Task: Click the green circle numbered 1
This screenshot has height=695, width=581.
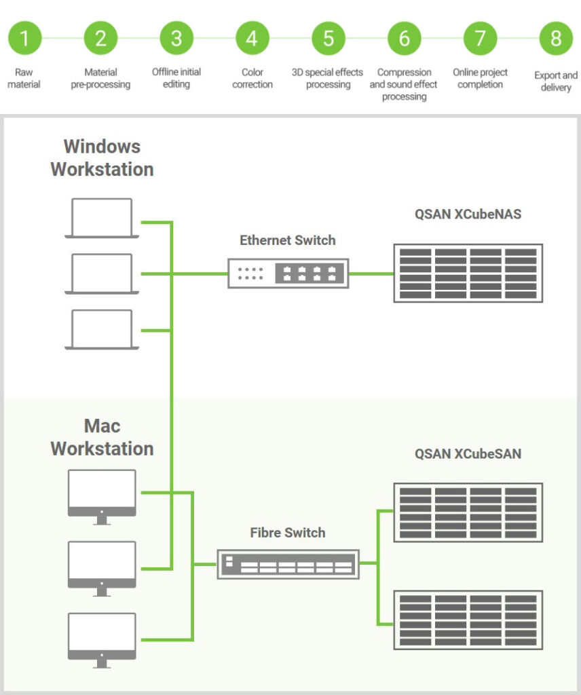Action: [x=24, y=38]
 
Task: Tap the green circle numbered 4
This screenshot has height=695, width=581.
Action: [x=252, y=38]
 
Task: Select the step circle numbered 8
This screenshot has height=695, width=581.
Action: [x=556, y=38]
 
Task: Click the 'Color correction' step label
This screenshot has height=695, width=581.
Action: [x=252, y=78]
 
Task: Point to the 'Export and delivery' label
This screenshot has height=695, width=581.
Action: [x=556, y=81]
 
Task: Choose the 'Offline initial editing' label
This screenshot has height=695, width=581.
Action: [x=176, y=78]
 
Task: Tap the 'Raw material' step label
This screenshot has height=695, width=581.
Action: [x=24, y=78]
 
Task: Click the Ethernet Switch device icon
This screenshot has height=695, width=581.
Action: [x=288, y=274]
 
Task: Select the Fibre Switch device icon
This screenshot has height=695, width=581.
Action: [x=288, y=563]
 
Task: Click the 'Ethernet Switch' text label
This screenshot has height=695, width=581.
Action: [x=288, y=240]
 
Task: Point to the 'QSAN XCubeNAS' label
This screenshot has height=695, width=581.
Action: [x=468, y=214]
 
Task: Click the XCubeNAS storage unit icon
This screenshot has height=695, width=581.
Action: [x=468, y=273]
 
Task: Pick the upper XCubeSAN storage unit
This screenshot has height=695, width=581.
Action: [x=468, y=512]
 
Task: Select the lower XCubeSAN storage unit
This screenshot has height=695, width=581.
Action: [x=468, y=620]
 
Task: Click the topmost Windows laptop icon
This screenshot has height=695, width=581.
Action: [x=102, y=218]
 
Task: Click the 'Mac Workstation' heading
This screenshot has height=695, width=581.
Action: [x=102, y=437]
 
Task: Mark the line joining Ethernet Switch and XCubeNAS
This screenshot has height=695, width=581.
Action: [x=371, y=274]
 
